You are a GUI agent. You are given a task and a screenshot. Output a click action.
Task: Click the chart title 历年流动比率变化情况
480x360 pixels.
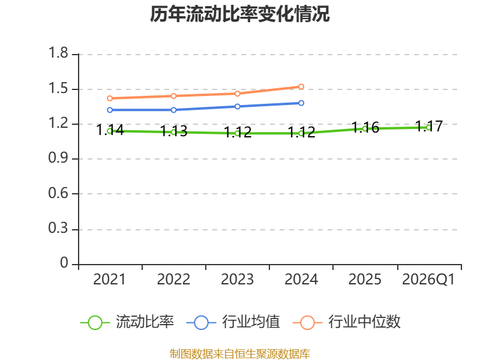[239, 14]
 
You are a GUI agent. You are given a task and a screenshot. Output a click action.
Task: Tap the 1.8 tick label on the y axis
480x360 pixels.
[58, 53]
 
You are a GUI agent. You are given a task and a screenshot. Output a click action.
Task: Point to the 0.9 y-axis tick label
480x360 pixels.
[58, 158]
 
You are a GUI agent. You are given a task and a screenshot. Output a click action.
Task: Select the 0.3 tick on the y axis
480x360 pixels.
[58, 229]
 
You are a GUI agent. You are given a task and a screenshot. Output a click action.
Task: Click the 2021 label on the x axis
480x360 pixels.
[109, 279]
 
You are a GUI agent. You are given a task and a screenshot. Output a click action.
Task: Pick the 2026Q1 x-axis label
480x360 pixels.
[428, 279]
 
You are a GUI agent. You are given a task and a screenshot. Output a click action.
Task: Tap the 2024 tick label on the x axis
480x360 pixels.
[301, 279]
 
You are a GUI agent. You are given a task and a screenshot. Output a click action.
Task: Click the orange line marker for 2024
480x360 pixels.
[301, 86]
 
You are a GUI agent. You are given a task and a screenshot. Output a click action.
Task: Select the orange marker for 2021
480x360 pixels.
[110, 98]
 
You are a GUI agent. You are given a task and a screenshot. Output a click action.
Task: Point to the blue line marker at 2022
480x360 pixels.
[173, 110]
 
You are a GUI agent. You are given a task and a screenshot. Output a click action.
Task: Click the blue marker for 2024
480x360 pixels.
[301, 103]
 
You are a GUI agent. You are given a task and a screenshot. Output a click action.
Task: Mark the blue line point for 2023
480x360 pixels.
[237, 107]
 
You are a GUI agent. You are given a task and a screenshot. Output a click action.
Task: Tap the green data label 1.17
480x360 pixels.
[429, 126]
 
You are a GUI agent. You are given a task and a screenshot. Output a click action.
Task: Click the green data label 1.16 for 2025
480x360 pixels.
[365, 127]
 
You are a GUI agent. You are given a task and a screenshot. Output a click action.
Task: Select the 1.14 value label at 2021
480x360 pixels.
[110, 130]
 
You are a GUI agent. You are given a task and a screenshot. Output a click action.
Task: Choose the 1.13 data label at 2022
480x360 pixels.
[173, 131]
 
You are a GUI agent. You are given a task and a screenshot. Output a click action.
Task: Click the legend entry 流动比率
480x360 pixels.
[127, 322]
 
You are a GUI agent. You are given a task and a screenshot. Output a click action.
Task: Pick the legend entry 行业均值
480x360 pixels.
[233, 322]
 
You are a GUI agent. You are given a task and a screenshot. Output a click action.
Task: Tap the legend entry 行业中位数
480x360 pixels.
[347, 322]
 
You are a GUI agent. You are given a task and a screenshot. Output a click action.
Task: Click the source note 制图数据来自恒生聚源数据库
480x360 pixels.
[240, 354]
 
